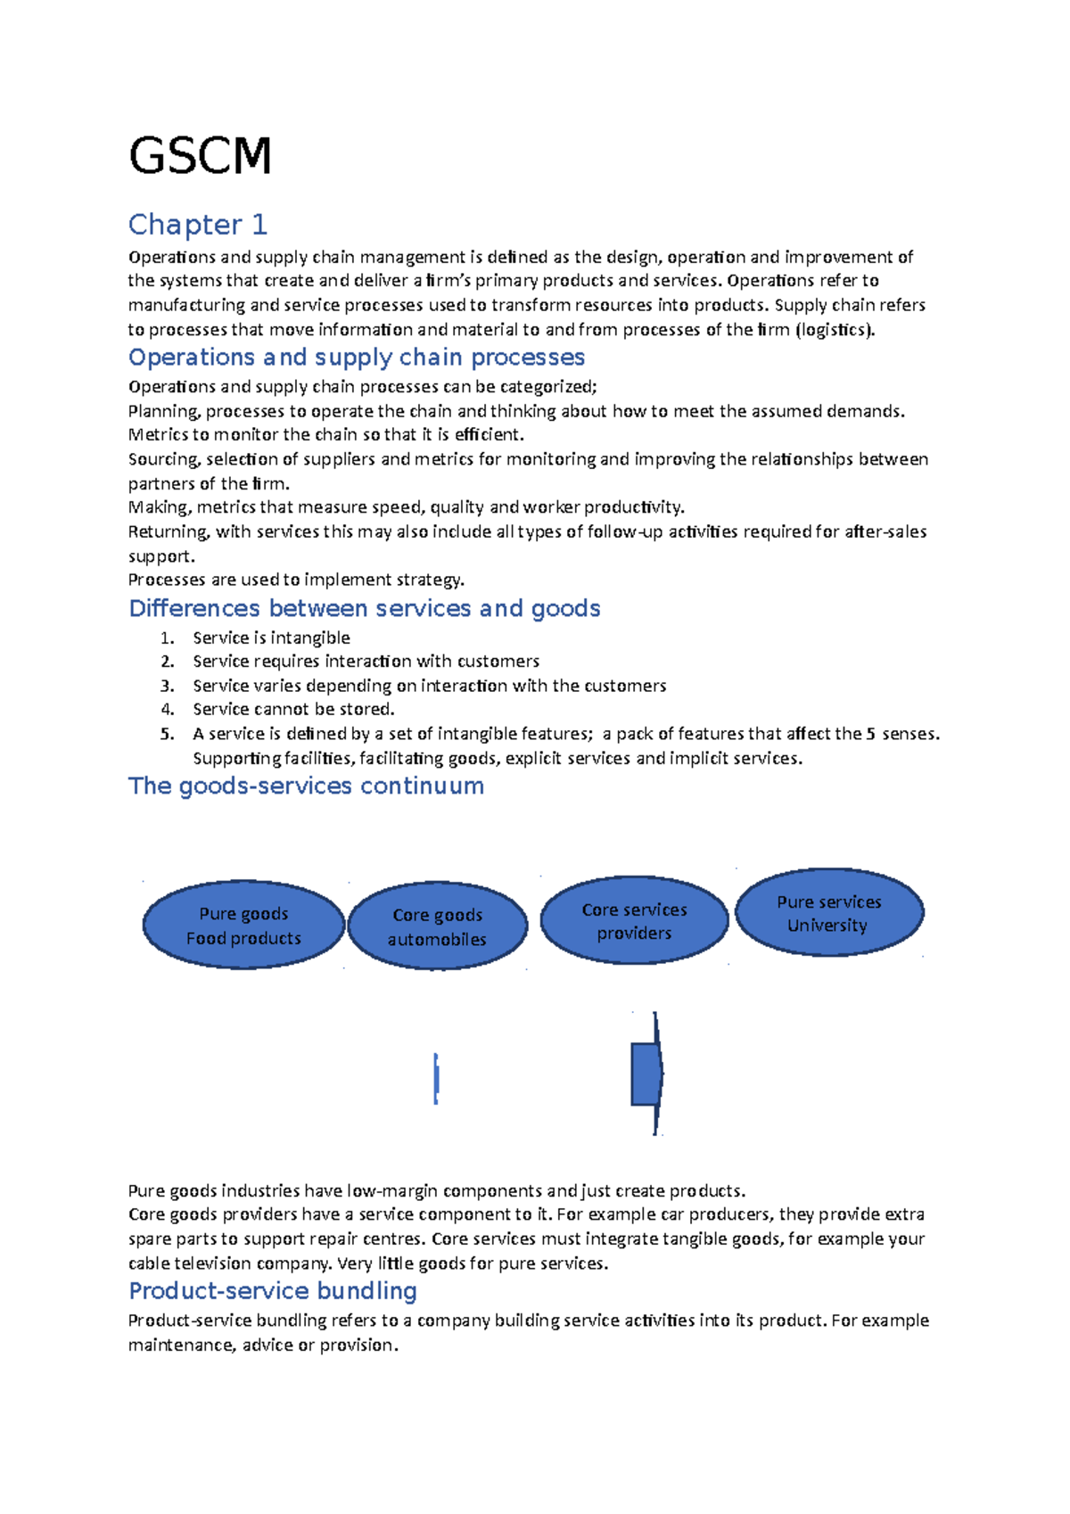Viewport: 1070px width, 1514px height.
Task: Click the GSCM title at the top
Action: [x=200, y=156]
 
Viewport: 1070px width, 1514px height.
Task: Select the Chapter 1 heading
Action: [x=197, y=225]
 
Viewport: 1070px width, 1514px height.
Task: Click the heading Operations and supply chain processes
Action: [x=356, y=358]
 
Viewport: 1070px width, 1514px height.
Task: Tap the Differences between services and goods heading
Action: [x=364, y=609]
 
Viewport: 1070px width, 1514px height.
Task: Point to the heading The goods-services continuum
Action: [x=306, y=786]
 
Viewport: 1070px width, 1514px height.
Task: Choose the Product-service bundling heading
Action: [x=272, y=1291]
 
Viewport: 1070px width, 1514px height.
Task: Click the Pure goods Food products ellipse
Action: [x=243, y=926]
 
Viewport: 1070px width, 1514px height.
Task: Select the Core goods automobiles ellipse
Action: [x=437, y=926]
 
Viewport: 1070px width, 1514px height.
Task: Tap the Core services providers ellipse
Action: [x=634, y=921]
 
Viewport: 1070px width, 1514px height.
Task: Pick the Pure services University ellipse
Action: [x=828, y=913]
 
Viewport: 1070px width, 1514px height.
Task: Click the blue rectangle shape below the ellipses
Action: [x=645, y=1074]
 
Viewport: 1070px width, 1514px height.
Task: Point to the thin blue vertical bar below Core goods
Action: [x=436, y=1079]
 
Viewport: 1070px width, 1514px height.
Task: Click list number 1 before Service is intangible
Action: [x=166, y=638]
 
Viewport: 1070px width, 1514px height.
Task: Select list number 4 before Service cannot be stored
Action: [x=167, y=710]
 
